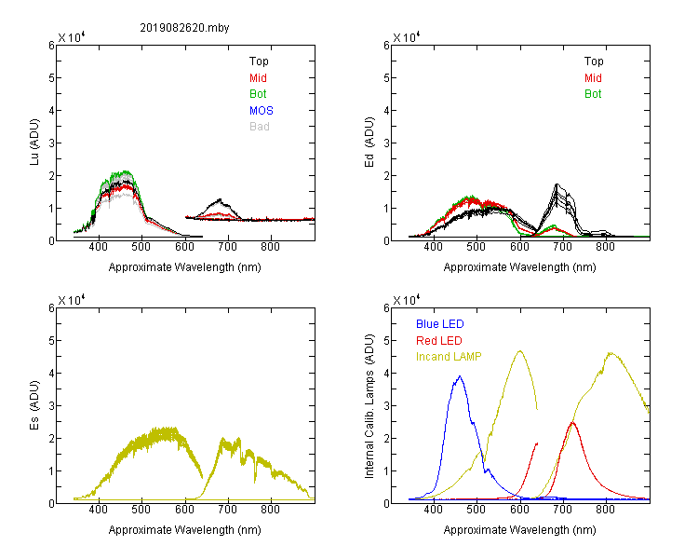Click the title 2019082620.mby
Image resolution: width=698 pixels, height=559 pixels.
pyautogui.click(x=184, y=28)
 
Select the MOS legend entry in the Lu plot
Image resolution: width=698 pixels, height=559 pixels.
pyautogui.click(x=262, y=111)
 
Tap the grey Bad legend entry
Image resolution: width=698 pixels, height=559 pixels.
pyautogui.click(x=260, y=127)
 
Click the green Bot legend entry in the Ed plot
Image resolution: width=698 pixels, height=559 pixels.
pyautogui.click(x=593, y=94)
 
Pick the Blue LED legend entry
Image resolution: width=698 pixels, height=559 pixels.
pyautogui.click(x=440, y=324)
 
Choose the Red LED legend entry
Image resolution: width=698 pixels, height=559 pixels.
pyautogui.click(x=439, y=341)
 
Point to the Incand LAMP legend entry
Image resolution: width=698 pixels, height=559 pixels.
pyautogui.click(x=449, y=357)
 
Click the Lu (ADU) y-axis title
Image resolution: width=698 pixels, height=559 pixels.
pyautogui.click(x=34, y=143)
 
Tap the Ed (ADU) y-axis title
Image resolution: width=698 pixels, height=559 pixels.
pyautogui.click(x=369, y=143)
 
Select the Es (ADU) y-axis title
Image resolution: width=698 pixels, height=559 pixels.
pyautogui.click(x=34, y=405)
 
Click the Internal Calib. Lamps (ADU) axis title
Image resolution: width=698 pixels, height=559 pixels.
pyautogui.click(x=369, y=406)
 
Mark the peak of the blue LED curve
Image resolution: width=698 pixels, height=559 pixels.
pyautogui.click(x=460, y=376)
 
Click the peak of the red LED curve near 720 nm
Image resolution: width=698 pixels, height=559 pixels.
pyautogui.click(x=572, y=422)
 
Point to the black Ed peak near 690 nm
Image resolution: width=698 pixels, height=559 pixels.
pyautogui.click(x=557, y=184)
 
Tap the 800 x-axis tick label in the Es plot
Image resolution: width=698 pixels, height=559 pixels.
pyautogui.click(x=270, y=510)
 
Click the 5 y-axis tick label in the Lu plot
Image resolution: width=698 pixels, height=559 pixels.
pyautogui.click(x=51, y=78)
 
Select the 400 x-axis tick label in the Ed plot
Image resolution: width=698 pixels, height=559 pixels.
pyautogui.click(x=433, y=247)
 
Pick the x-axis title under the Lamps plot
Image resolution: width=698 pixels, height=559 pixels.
pyautogui.click(x=519, y=530)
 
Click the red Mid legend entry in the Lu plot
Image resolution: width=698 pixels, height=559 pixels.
pyautogui.click(x=258, y=78)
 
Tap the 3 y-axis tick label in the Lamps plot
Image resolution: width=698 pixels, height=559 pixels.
pyautogui.click(x=386, y=406)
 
